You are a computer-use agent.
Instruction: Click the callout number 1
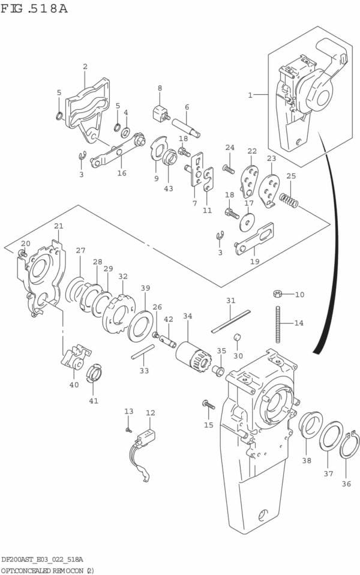pyautogui.click(x=250, y=94)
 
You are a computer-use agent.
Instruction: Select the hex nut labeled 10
pyautogui.click(x=278, y=294)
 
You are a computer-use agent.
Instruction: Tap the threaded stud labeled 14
pyautogui.click(x=278, y=324)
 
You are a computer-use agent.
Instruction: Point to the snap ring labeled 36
pyautogui.click(x=349, y=447)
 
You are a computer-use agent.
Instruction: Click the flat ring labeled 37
pyautogui.click(x=331, y=436)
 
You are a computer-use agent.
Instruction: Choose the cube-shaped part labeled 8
pyautogui.click(x=159, y=112)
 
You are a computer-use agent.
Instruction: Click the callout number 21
pyautogui.click(x=58, y=226)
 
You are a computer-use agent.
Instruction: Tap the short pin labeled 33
pyautogui.click(x=143, y=352)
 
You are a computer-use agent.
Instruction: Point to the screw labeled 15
pyautogui.click(x=209, y=405)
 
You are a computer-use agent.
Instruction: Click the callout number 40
pyautogui.click(x=74, y=385)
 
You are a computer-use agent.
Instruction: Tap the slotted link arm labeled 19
pyautogui.click(x=255, y=238)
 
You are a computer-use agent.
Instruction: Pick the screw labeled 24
pyautogui.click(x=229, y=169)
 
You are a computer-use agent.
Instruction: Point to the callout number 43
pyautogui.click(x=169, y=188)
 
